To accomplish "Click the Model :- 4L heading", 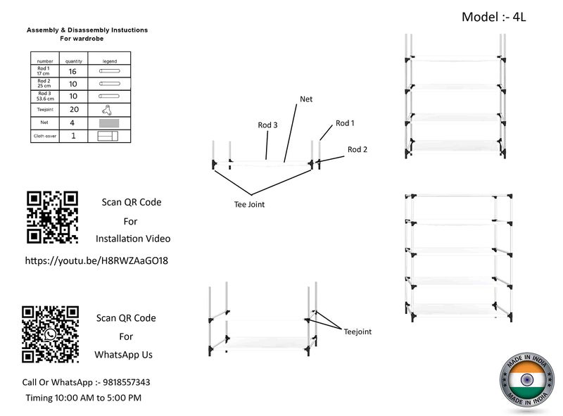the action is click(x=494, y=17).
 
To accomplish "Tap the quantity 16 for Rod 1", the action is click(x=72, y=72).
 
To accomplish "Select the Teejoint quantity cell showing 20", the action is click(x=74, y=110).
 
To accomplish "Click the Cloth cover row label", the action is click(x=45, y=136).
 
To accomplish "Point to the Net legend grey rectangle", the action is click(x=109, y=123).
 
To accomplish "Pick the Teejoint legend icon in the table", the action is click(x=107, y=110).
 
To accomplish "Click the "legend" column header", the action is click(x=110, y=61).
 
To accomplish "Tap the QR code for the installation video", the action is click(x=52, y=218).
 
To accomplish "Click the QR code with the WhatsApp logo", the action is click(x=50, y=334).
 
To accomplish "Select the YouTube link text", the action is click(x=96, y=260).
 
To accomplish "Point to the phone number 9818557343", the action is click(x=127, y=382).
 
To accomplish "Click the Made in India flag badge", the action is click(x=527, y=379).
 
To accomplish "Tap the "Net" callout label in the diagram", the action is click(x=306, y=99).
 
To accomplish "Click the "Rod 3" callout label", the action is click(x=267, y=125).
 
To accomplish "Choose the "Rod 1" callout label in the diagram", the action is click(x=345, y=123).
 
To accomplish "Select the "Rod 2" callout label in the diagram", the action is click(x=358, y=149).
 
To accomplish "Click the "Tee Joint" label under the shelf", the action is click(x=249, y=204).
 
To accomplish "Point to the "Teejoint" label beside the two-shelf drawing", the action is click(x=358, y=332).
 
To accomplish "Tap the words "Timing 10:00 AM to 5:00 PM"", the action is click(x=84, y=398).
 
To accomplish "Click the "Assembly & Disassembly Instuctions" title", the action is click(x=87, y=30).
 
